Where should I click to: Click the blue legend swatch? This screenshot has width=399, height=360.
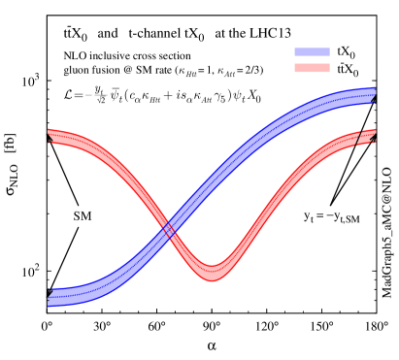click(312, 51)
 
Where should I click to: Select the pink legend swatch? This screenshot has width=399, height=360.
click(312, 68)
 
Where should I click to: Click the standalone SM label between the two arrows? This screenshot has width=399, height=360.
click(83, 215)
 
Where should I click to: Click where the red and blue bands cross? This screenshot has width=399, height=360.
click(171, 230)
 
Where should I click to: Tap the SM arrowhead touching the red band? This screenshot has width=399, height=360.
click(50, 142)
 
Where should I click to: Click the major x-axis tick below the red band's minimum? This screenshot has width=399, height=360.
click(213, 310)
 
